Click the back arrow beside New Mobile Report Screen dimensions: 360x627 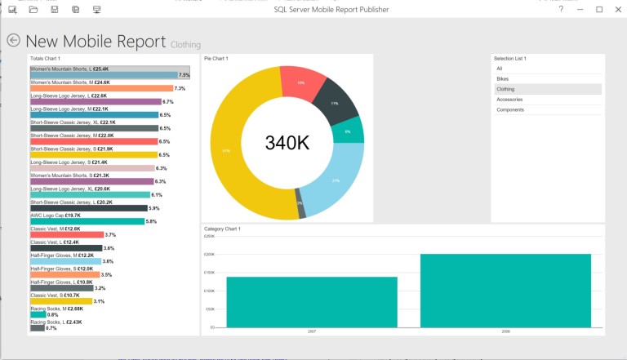coord(13,40)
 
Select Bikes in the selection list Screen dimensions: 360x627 coord(502,78)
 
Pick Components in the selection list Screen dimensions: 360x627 coord(510,109)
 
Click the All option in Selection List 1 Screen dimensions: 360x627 coord(500,69)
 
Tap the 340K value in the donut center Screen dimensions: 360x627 coord(287,142)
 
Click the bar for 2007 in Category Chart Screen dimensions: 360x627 coord(312,301)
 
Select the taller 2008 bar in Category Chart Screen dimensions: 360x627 coord(505,290)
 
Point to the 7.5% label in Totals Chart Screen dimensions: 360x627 coord(184,75)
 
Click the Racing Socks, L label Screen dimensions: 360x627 coord(56,322)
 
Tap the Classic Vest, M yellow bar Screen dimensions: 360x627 coord(61,301)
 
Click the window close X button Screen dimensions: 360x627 coord(618,9)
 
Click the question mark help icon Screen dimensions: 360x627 coord(561,9)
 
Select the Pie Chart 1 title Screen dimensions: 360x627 coord(216,59)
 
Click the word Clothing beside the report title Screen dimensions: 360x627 coord(185,44)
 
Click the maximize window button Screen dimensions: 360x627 coord(599,9)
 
